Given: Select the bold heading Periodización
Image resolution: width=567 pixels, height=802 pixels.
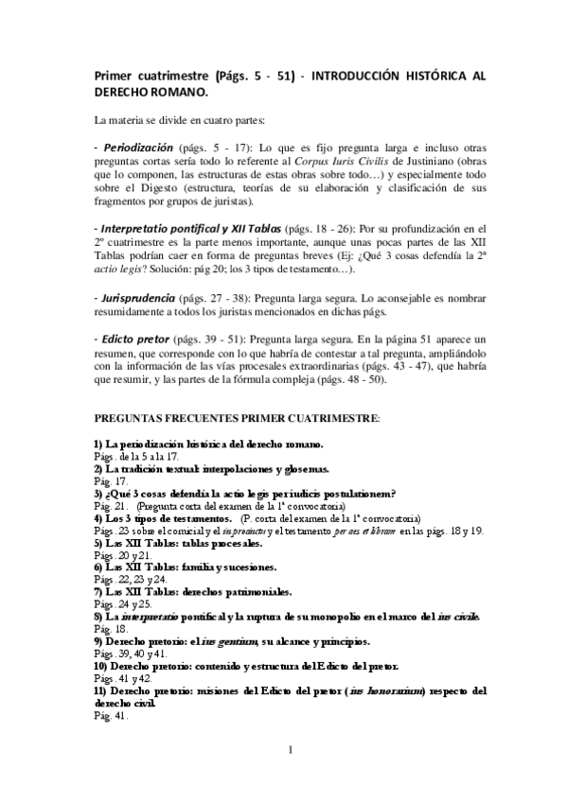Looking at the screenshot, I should (x=134, y=148).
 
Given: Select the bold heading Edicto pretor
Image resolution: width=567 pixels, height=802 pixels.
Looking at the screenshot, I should (x=134, y=338).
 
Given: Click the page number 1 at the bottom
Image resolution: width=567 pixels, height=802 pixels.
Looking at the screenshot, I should (x=291, y=751).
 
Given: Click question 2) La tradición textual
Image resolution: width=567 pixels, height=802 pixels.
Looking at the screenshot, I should (x=210, y=468).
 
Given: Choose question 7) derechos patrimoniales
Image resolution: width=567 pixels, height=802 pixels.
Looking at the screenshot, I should (x=188, y=592).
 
